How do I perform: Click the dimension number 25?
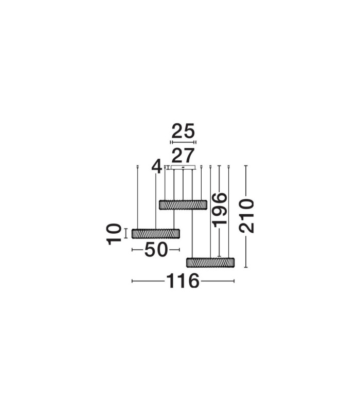coord(183,131)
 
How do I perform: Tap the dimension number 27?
coord(183,156)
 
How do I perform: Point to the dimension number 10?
coord(114,234)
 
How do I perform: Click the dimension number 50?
coord(156,250)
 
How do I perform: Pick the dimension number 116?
coord(183,281)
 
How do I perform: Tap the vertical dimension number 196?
coord(220,210)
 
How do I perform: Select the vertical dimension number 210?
coord(246,216)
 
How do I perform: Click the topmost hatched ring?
coord(183,204)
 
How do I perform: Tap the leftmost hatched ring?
coord(156,234)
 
